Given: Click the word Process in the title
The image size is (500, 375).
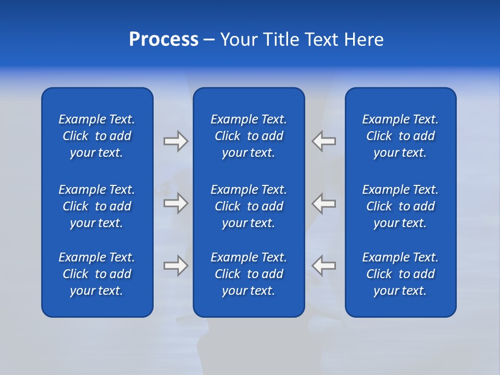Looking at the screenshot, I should pyautogui.click(x=164, y=40).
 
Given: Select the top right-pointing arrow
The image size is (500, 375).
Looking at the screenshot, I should pyautogui.click(x=176, y=141).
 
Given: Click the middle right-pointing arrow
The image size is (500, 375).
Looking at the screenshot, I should pyautogui.click(x=176, y=203).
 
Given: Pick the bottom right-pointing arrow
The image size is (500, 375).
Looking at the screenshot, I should pyautogui.click(x=176, y=266).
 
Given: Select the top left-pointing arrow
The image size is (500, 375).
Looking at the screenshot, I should pyautogui.click(x=324, y=141).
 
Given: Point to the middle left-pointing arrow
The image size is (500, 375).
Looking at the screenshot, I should pyautogui.click(x=324, y=203).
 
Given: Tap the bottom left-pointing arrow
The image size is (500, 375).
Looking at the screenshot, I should pyautogui.click(x=324, y=266).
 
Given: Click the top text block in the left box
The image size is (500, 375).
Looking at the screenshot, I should pyautogui.click(x=97, y=136).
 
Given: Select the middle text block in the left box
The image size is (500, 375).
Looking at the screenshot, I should pyautogui.click(x=97, y=206).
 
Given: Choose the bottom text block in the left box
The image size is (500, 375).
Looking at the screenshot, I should pyautogui.click(x=97, y=274).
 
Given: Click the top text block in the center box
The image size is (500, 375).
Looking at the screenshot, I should pyautogui.click(x=249, y=136).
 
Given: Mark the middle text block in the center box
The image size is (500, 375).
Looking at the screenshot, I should pyautogui.click(x=249, y=206).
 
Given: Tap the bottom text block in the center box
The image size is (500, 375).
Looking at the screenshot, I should pyautogui.click(x=249, y=274).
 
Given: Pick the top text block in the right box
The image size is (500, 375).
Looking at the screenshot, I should pyautogui.click(x=401, y=136).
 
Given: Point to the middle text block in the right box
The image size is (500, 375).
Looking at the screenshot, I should pyautogui.click(x=401, y=206).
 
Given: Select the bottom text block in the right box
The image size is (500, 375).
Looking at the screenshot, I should pyautogui.click(x=401, y=274).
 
